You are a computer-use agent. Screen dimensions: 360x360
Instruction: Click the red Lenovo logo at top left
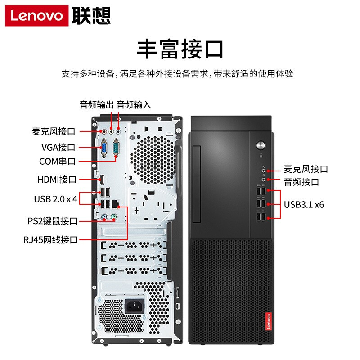click(x=37, y=16)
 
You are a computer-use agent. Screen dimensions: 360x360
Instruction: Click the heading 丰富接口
click(x=180, y=49)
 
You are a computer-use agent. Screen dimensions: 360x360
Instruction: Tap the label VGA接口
click(x=58, y=148)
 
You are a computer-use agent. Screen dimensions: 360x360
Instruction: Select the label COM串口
click(x=57, y=162)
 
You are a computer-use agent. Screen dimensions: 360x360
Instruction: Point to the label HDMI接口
click(x=57, y=180)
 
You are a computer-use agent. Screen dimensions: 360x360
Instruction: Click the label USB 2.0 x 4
click(x=55, y=199)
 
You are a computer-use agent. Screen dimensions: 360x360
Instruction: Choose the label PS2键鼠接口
click(x=53, y=221)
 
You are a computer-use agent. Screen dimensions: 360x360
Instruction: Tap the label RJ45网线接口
click(x=51, y=240)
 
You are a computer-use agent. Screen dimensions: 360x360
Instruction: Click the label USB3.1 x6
click(x=304, y=205)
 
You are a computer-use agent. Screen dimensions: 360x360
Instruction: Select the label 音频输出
click(x=97, y=105)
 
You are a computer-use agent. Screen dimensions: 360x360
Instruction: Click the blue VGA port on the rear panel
click(x=104, y=148)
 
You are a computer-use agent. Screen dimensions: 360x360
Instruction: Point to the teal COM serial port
click(x=116, y=148)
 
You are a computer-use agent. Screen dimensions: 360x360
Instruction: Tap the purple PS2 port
click(x=104, y=217)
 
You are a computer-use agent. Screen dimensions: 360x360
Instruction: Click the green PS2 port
click(x=114, y=217)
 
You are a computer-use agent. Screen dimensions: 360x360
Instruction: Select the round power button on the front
click(x=261, y=145)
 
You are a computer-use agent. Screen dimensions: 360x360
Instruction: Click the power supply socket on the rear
click(x=134, y=306)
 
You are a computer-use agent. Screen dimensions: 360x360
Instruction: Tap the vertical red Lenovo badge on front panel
click(x=268, y=321)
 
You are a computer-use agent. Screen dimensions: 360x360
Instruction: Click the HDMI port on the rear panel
click(x=102, y=180)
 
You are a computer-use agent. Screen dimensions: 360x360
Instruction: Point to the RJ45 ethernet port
click(x=115, y=204)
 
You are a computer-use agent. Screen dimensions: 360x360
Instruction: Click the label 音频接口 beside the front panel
click(x=301, y=182)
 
